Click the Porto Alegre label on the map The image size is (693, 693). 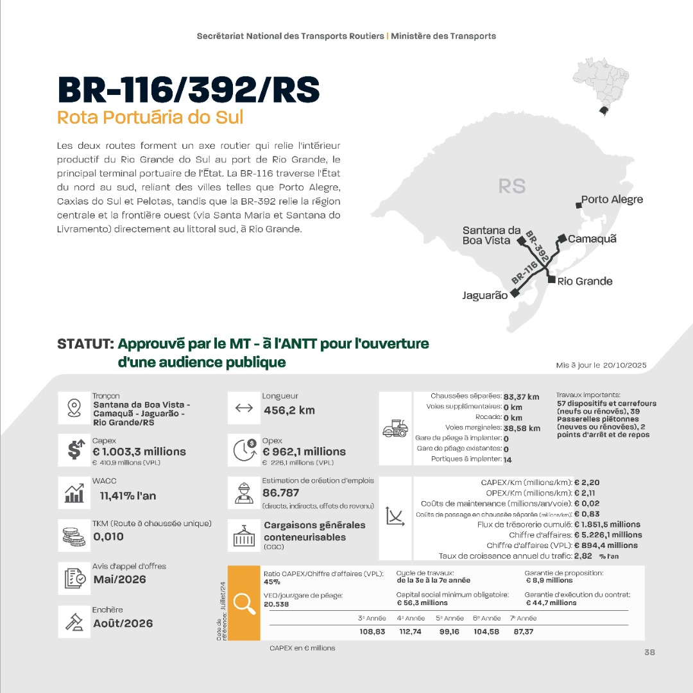(x=612, y=200)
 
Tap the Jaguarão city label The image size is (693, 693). (x=484, y=296)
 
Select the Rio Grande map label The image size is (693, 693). (x=585, y=281)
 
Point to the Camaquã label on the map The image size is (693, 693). (x=592, y=239)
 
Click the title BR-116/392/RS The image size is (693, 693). (x=188, y=90)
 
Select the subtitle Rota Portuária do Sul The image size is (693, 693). (x=150, y=118)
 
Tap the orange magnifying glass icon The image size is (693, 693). (x=244, y=603)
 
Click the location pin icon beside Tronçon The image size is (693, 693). (x=74, y=408)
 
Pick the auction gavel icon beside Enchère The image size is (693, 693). (x=74, y=622)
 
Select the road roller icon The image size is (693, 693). (x=395, y=429)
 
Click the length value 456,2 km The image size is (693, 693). (x=289, y=410)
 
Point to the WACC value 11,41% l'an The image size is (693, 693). (x=128, y=495)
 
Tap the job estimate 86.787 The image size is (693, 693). (x=280, y=493)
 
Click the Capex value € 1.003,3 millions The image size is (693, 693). (x=139, y=452)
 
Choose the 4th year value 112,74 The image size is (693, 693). (x=410, y=632)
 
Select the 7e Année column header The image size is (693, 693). (x=523, y=619)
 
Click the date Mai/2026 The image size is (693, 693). (x=119, y=579)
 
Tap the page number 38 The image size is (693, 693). (x=649, y=652)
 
